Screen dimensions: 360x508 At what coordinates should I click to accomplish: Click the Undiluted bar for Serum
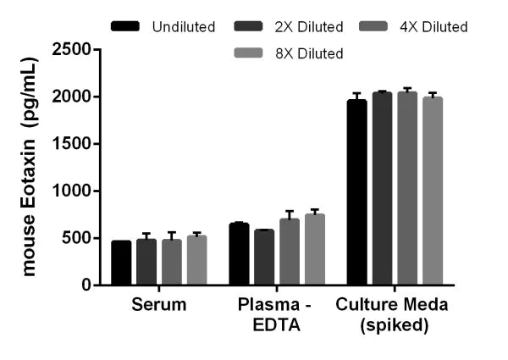pyautogui.click(x=121, y=263)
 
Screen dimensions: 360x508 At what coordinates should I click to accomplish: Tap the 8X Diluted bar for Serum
pyautogui.click(x=196, y=260)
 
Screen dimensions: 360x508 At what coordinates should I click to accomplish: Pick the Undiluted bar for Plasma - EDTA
pyautogui.click(x=239, y=254)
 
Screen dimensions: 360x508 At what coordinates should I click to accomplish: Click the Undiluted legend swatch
pyautogui.click(x=126, y=27)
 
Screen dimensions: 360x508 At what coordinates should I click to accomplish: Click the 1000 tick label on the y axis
pyautogui.click(x=73, y=191)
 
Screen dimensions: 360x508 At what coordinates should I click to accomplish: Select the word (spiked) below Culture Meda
pyautogui.click(x=394, y=323)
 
